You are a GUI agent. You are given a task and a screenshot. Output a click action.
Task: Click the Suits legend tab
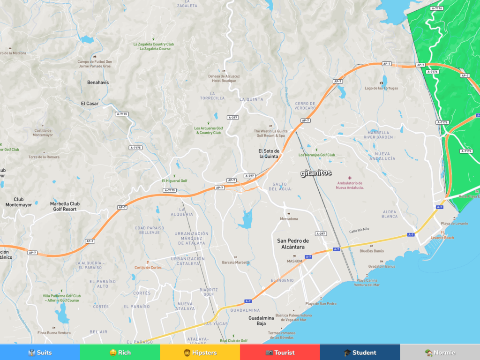(40, 352)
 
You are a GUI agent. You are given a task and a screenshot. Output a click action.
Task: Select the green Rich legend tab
(120, 352)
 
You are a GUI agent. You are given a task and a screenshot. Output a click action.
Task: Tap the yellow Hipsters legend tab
(200, 352)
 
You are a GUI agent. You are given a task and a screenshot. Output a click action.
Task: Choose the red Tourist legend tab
(280, 352)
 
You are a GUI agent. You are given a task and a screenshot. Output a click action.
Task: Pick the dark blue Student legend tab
(360, 352)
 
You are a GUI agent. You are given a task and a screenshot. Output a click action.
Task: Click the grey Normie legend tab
(440, 352)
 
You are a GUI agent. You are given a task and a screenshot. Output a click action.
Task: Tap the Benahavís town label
(98, 82)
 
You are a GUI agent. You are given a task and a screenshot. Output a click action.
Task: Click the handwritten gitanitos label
(316, 173)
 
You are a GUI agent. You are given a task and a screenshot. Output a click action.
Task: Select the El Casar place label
(90, 104)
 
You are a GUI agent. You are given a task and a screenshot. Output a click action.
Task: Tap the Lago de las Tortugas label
(381, 88)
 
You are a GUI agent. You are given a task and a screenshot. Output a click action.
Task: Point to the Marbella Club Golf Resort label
(65, 206)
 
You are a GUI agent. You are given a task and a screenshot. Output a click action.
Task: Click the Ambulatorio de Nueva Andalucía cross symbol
(350, 178)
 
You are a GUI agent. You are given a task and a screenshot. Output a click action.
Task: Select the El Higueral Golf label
(174, 180)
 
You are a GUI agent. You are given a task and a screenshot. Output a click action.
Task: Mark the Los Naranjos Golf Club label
(317, 155)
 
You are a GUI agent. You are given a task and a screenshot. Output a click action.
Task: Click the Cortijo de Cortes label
(148, 267)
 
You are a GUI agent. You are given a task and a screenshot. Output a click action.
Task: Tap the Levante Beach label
(442, 238)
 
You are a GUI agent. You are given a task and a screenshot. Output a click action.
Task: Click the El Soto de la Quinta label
(269, 154)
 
